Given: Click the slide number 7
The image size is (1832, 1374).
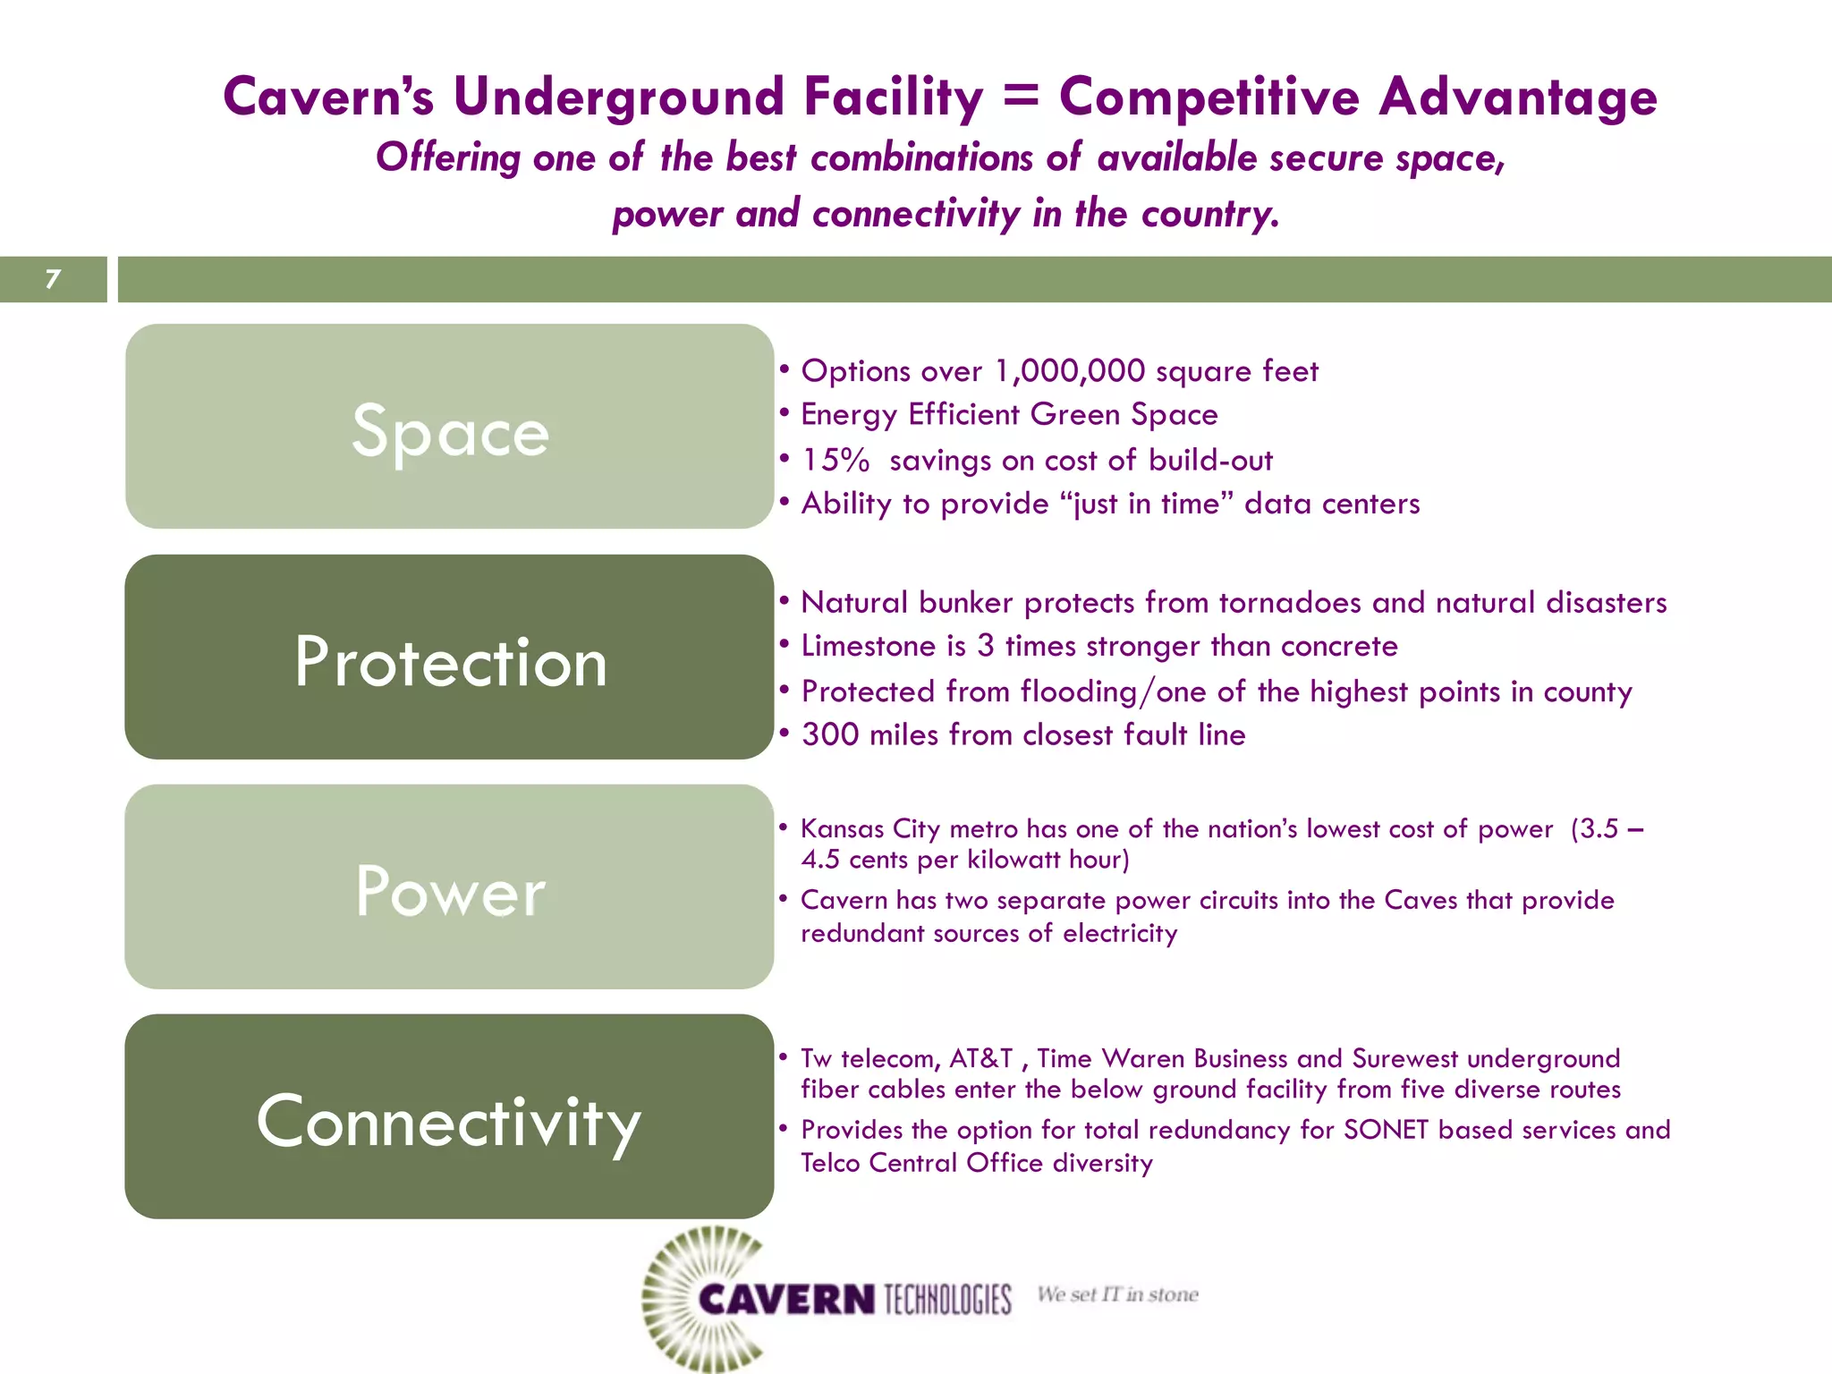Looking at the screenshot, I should pyautogui.click(x=53, y=279).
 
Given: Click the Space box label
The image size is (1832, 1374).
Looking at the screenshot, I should pyautogui.click(x=450, y=431).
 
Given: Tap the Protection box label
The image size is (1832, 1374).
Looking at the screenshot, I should pyautogui.click(x=450, y=662).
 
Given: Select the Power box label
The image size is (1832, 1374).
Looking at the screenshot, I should pyautogui.click(x=450, y=891).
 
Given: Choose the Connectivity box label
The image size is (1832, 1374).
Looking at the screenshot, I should pyautogui.click(x=449, y=1122).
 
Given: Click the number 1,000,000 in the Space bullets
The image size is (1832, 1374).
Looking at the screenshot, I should pyautogui.click(x=1069, y=370).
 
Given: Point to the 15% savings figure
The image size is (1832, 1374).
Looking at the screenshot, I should pyautogui.click(x=835, y=460).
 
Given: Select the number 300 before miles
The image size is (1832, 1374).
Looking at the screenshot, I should pyautogui.click(x=830, y=734).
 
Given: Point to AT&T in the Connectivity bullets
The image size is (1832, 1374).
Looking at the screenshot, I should pyautogui.click(x=980, y=1058).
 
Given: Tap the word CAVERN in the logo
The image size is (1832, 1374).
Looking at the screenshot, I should pyautogui.click(x=786, y=1299).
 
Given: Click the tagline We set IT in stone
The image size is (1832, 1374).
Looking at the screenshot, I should pyautogui.click(x=1117, y=1294).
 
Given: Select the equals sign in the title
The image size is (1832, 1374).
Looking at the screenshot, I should pyautogui.click(x=1021, y=95).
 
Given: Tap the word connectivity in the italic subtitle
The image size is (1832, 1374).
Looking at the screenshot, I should pyautogui.click(x=916, y=214).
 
